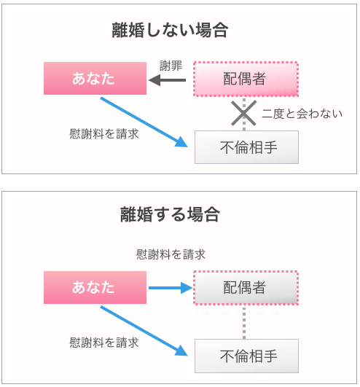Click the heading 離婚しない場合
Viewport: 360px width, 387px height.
(170, 30)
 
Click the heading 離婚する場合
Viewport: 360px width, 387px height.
(170, 214)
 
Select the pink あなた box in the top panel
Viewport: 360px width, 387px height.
(95, 78)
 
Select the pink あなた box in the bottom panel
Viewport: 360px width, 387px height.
(95, 287)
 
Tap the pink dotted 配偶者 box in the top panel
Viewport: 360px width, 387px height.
(246, 79)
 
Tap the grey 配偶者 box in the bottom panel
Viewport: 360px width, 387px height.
(246, 288)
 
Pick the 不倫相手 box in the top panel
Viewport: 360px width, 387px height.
(246, 147)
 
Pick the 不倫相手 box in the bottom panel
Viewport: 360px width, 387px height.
(246, 356)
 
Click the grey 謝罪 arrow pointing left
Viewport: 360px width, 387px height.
(168, 80)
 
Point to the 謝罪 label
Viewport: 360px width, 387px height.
(171, 66)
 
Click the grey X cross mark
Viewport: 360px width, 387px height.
(244, 113)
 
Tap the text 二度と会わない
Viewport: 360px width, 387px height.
(302, 114)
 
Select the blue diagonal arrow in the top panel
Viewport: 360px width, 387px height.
(144, 122)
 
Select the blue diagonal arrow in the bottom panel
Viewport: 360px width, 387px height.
(144, 331)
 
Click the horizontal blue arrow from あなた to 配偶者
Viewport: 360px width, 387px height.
(171, 288)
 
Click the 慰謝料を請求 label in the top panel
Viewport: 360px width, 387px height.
(104, 134)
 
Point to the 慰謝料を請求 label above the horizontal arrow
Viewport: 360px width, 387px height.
(171, 254)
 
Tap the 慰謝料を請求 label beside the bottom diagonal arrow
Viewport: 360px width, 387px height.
(104, 343)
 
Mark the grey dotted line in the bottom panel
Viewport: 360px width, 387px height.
(244, 322)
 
